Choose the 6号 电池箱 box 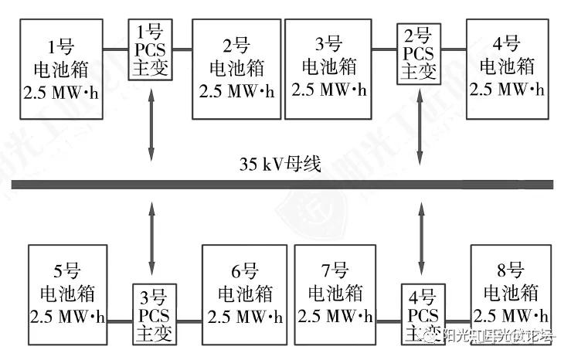pos(245,294)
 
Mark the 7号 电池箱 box pos(335,294)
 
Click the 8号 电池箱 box pos(512,294)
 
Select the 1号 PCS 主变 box pos(150,51)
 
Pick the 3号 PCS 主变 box pos(153,316)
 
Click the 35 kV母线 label pos(280,165)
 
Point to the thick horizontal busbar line pos(283,184)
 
